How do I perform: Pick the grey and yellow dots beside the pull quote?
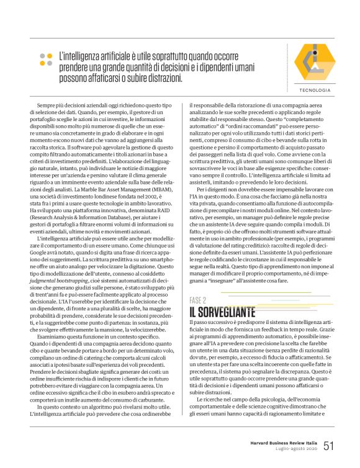(46, 59)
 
